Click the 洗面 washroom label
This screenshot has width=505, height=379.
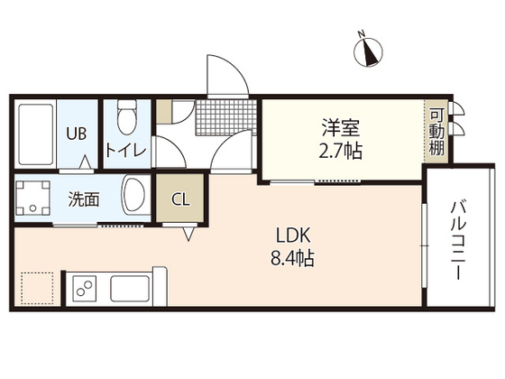pos(85,199)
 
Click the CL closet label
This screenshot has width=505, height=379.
pos(180,199)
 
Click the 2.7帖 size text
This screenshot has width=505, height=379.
pos(340,151)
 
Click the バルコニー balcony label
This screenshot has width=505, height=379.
pos(459,238)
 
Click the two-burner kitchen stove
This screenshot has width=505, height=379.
pos(84,290)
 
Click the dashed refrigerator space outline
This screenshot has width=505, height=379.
pos(38,288)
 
